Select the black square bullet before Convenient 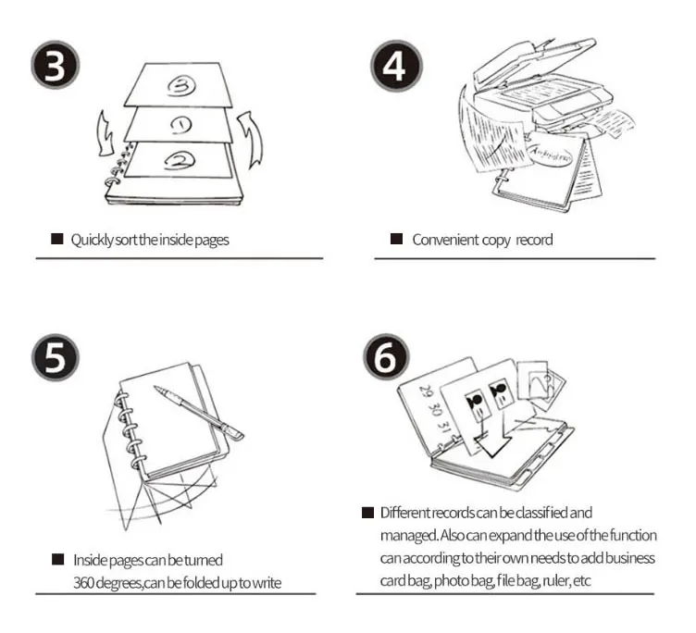point(396,240)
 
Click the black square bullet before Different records point(367,513)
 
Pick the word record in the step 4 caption point(534,240)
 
